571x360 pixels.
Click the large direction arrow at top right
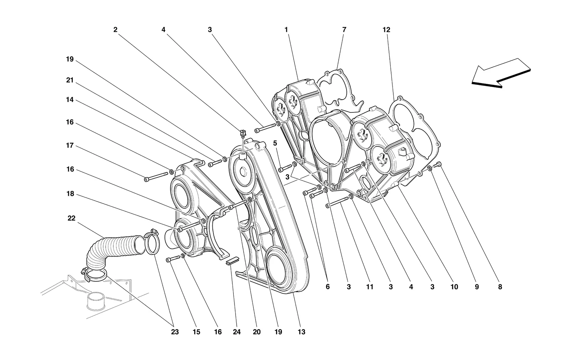tap(501, 73)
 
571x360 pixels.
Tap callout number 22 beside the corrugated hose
tap(71, 218)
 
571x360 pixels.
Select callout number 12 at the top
tap(386, 30)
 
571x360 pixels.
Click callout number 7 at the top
tap(344, 30)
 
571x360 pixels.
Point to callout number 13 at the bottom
tap(301, 332)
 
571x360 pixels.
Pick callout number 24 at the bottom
tap(237, 332)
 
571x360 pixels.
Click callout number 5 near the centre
tap(275, 143)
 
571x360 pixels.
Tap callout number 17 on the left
tap(70, 146)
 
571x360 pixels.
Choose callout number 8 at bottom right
tap(500, 287)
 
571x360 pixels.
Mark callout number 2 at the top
tap(115, 30)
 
